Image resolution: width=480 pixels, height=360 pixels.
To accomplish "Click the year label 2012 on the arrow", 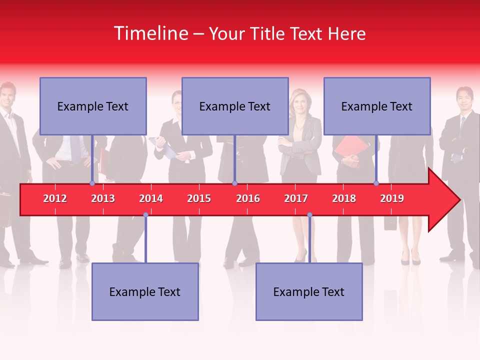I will pyautogui.click(x=55, y=198).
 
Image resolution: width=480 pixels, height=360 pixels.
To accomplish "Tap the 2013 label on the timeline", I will pyautogui.click(x=103, y=198).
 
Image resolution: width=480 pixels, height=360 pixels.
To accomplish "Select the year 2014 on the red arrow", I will pyautogui.click(x=151, y=198).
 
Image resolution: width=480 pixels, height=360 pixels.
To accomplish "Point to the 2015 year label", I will pyautogui.click(x=199, y=198).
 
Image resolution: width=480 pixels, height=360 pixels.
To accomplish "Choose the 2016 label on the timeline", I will pyautogui.click(x=248, y=198).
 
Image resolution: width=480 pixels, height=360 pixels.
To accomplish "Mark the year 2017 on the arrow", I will pyautogui.click(x=296, y=198).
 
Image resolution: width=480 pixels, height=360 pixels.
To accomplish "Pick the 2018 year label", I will pyautogui.click(x=344, y=198).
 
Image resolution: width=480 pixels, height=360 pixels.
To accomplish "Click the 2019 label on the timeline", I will pyautogui.click(x=392, y=198).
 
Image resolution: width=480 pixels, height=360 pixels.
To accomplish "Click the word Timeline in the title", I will pyautogui.click(x=150, y=33).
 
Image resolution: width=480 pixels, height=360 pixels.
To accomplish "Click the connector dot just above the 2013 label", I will pyautogui.click(x=92, y=183).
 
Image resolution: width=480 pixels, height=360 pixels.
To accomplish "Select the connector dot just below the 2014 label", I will pyautogui.click(x=145, y=215).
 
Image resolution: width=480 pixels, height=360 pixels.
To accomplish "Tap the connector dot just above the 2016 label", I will pyautogui.click(x=234, y=183).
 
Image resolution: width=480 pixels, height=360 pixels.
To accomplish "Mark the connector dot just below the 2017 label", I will pyautogui.click(x=309, y=215).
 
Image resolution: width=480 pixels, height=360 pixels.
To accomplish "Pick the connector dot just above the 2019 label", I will pyautogui.click(x=376, y=183).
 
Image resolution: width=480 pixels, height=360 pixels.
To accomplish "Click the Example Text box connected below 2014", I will pyautogui.click(x=145, y=291).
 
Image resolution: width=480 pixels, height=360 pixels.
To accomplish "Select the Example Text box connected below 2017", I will pyautogui.click(x=309, y=291).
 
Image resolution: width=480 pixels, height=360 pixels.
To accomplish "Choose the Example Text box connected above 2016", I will pyautogui.click(x=235, y=106).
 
